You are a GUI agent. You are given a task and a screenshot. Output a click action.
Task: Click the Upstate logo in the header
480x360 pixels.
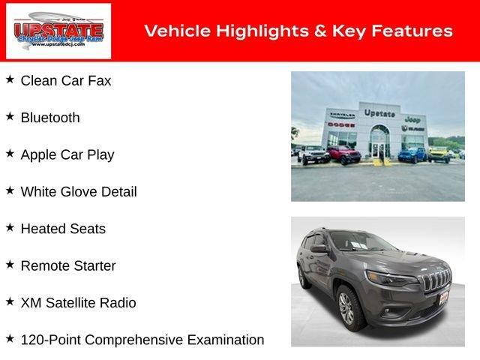coord(58,31)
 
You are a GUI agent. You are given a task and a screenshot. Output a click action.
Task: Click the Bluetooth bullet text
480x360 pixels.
coord(49,118)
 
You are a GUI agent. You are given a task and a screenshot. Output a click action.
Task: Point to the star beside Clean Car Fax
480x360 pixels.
coord(10,79)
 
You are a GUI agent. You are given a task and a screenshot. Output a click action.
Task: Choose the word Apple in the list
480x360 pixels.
coord(39,154)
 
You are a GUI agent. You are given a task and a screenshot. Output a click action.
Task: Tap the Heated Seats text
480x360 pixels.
coord(63,229)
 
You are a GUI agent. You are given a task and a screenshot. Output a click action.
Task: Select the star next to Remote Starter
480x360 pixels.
coord(10,264)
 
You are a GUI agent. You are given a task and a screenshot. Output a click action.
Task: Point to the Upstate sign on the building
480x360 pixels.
coord(379,113)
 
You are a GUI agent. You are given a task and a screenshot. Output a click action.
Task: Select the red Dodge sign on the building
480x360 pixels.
coord(340,123)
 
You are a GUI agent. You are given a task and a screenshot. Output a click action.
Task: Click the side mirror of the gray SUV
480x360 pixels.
coord(319,248)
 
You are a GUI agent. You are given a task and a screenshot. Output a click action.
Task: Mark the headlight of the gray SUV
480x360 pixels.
coord(392,278)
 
